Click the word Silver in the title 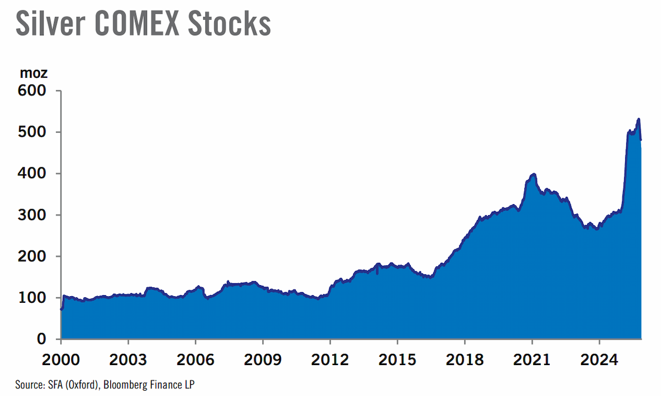click(51, 23)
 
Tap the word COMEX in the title click(137, 23)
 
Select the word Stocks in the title click(230, 23)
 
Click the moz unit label click(34, 73)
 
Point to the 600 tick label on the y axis click(32, 90)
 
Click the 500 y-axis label click(32, 132)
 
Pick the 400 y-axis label click(32, 173)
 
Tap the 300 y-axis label click(32, 215)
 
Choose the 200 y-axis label click(32, 256)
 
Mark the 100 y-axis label click(32, 298)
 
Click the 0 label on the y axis click(42, 339)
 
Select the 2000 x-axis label click(61, 360)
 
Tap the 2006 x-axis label click(196, 360)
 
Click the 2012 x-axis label click(330, 360)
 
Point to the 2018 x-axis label click(464, 360)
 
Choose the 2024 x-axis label click(599, 360)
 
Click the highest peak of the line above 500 click(638, 119)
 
